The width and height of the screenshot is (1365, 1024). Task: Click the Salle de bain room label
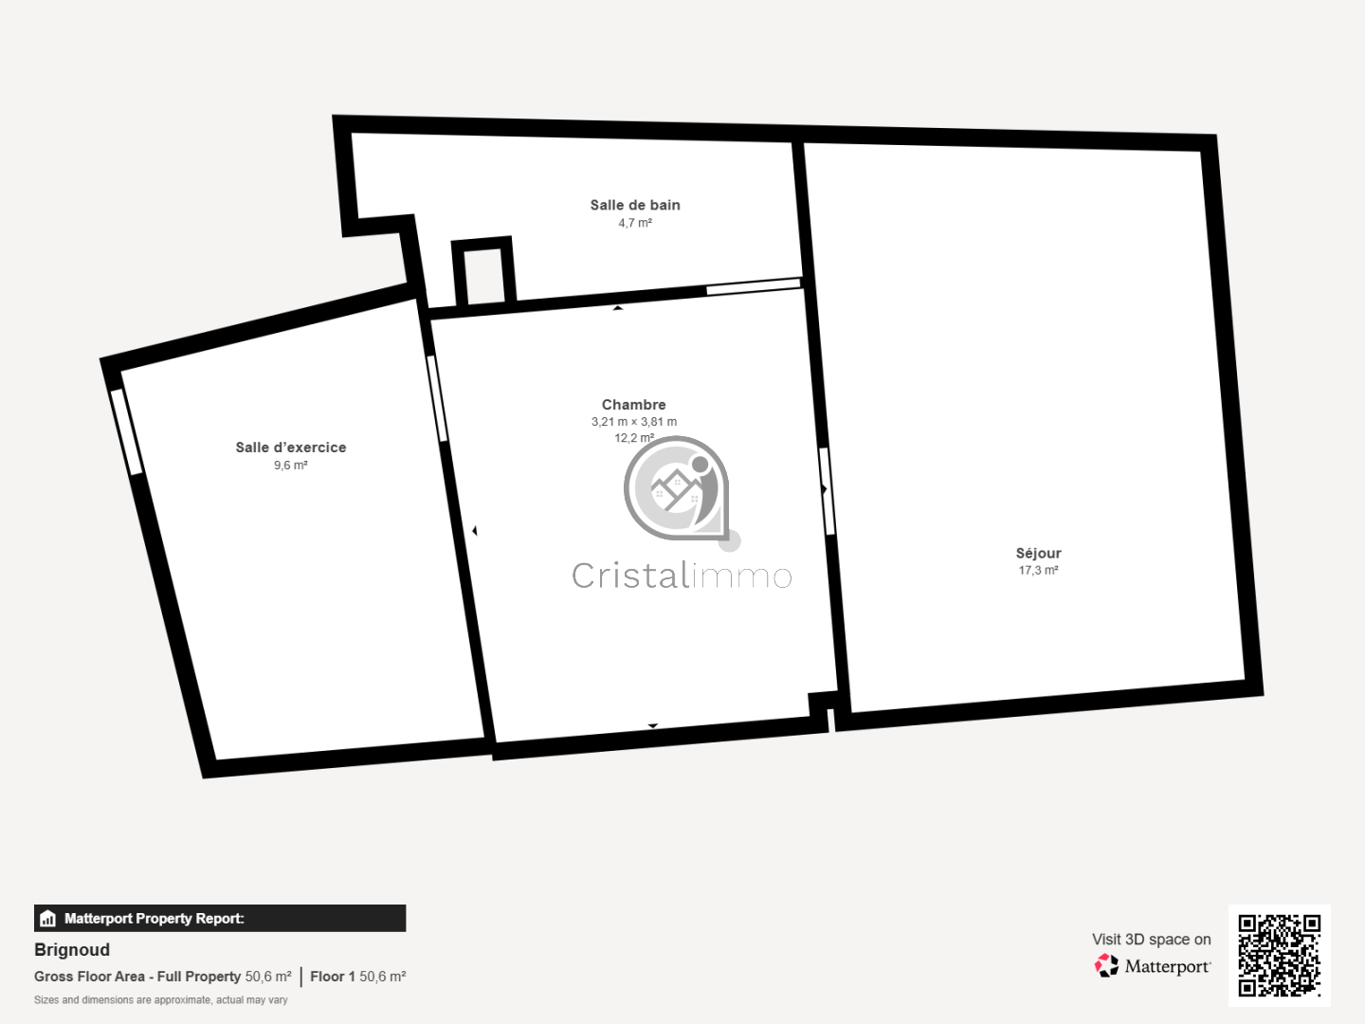pyautogui.click(x=635, y=205)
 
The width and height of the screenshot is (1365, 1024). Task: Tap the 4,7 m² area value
pyautogui.click(x=635, y=223)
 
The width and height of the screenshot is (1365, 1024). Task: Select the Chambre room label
pyautogui.click(x=634, y=405)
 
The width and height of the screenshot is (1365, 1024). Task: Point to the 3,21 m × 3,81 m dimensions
pyautogui.click(x=634, y=422)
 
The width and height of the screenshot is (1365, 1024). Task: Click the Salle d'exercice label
pyautogui.click(x=290, y=448)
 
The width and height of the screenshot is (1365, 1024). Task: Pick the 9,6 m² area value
pyautogui.click(x=290, y=465)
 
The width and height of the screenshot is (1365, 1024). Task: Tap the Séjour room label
pyautogui.click(x=1038, y=554)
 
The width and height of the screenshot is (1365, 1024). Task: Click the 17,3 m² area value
pyautogui.click(x=1038, y=570)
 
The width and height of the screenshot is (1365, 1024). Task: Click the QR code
pyautogui.click(x=1279, y=955)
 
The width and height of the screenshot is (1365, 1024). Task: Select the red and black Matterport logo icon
pyautogui.click(x=1106, y=965)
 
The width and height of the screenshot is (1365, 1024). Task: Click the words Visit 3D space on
pyautogui.click(x=1151, y=940)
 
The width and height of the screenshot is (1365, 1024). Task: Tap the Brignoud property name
pyautogui.click(x=72, y=949)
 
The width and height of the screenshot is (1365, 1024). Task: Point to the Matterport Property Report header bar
pyautogui.click(x=220, y=919)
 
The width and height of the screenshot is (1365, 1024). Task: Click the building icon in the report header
pyautogui.click(x=48, y=919)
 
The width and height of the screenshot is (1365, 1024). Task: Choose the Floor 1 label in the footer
pyautogui.click(x=332, y=977)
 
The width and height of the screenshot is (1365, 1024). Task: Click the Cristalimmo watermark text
pyautogui.click(x=682, y=576)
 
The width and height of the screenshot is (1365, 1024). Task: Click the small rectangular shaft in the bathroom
pyautogui.click(x=483, y=272)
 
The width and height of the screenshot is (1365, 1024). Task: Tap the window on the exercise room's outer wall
pyautogui.click(x=127, y=432)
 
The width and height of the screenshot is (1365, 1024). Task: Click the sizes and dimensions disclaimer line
pyautogui.click(x=160, y=999)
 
